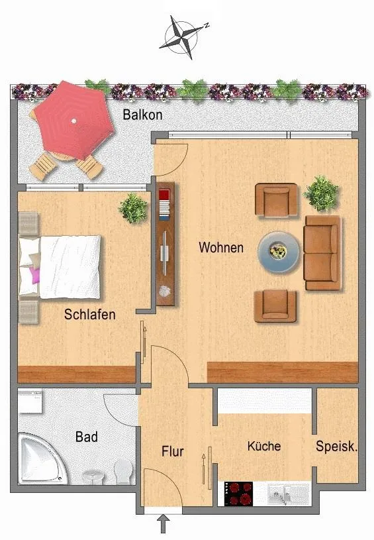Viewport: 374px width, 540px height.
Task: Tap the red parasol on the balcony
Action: point(74,120)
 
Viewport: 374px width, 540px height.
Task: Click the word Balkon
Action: point(142,115)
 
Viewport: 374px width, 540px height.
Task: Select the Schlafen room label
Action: point(90,315)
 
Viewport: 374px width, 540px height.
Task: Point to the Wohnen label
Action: point(221,247)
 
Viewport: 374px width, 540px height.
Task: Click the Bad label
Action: point(87,437)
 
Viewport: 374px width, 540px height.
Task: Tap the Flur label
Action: point(173,451)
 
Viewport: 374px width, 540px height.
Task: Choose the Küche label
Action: point(264,446)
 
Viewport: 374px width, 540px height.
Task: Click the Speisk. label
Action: point(337,447)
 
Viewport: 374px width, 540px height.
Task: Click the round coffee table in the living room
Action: point(279,252)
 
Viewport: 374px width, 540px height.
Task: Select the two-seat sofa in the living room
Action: point(322,253)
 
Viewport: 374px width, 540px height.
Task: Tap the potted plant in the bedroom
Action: point(133,208)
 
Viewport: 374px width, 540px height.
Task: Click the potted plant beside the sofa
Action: point(322,193)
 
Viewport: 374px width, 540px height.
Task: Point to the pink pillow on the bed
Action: point(35,275)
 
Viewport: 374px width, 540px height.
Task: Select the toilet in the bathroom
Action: point(123,472)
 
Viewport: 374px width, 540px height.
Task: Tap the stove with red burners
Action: point(238,494)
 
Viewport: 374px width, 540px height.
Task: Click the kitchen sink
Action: point(288,494)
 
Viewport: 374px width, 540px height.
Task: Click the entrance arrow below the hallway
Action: point(164,523)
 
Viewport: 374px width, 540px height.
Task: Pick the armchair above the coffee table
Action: point(276,201)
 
